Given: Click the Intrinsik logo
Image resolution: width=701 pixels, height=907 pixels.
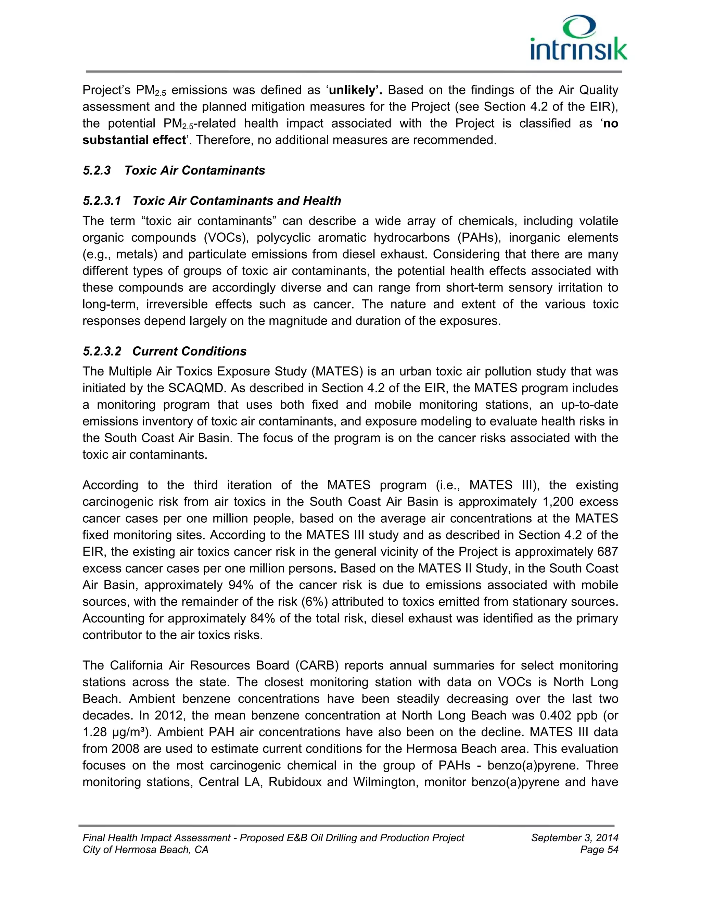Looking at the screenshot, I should coord(578,38).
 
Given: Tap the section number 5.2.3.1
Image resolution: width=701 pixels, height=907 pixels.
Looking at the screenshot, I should coord(102,201).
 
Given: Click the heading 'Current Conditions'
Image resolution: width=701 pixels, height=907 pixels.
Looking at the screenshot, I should coord(189,352).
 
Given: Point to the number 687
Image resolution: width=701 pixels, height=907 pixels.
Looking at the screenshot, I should coord(607,551).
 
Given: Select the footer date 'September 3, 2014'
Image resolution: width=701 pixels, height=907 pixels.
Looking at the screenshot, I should coord(574,838).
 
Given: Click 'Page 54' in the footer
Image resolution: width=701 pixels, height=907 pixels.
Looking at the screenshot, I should coord(599,850).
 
